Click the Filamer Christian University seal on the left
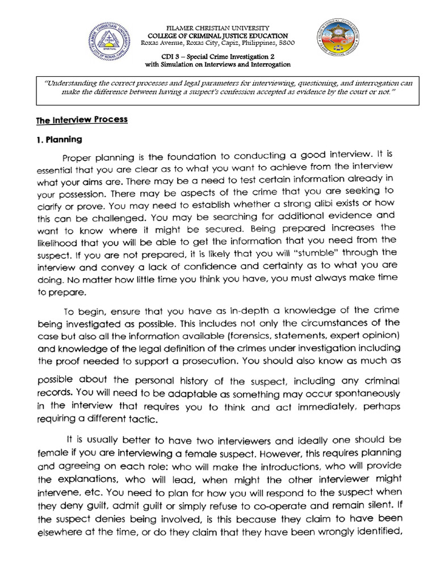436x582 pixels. (110, 45)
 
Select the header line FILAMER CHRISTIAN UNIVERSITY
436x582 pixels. (217, 28)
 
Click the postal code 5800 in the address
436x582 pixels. (285, 43)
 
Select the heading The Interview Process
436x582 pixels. (82, 120)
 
